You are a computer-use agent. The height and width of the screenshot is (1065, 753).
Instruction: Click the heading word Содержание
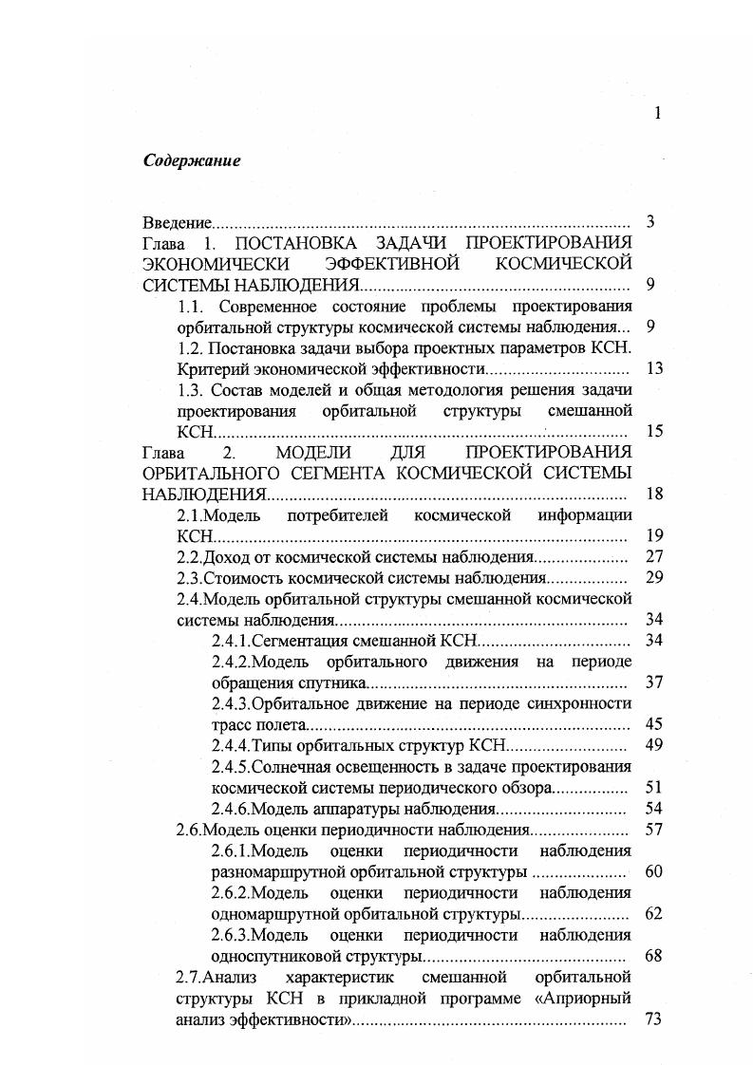192,160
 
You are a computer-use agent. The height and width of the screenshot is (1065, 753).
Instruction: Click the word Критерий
209,368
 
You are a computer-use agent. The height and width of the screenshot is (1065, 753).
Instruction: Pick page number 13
653,368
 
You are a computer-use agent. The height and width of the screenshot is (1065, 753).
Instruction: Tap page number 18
653,494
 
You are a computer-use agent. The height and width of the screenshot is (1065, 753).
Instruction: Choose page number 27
653,556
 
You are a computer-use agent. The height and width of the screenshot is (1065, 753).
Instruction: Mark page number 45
653,724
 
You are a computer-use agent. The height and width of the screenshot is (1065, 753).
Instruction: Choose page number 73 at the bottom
653,1019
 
